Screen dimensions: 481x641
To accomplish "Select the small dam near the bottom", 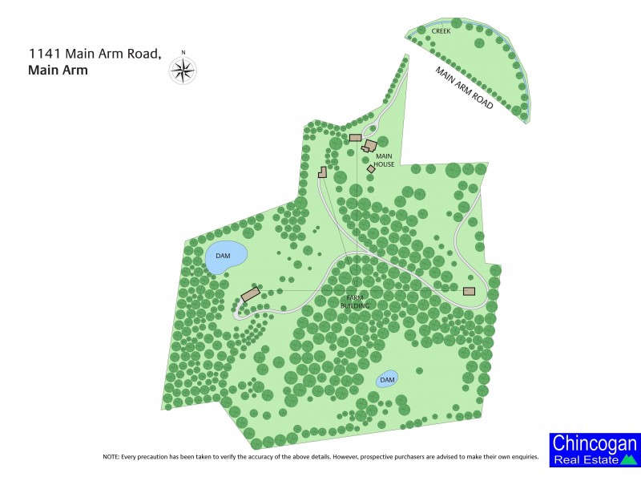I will [x=387, y=379].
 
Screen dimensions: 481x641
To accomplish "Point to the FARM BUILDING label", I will [x=353, y=301].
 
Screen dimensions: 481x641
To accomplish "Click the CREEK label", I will [x=441, y=31].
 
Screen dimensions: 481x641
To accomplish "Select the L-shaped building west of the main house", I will [x=323, y=171].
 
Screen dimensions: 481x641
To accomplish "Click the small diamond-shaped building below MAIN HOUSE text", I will [x=371, y=169].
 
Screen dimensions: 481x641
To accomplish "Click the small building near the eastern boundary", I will [x=470, y=291].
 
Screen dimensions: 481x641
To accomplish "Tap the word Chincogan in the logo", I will [x=594, y=445].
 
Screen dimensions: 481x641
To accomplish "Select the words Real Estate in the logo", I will [x=585, y=459].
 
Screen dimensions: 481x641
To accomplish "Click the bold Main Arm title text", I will [x=58, y=70].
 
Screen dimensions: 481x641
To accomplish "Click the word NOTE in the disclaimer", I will [x=111, y=456].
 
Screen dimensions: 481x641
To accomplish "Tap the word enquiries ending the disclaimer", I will [x=521, y=456].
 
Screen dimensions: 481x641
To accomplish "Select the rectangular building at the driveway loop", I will [x=355, y=137].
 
